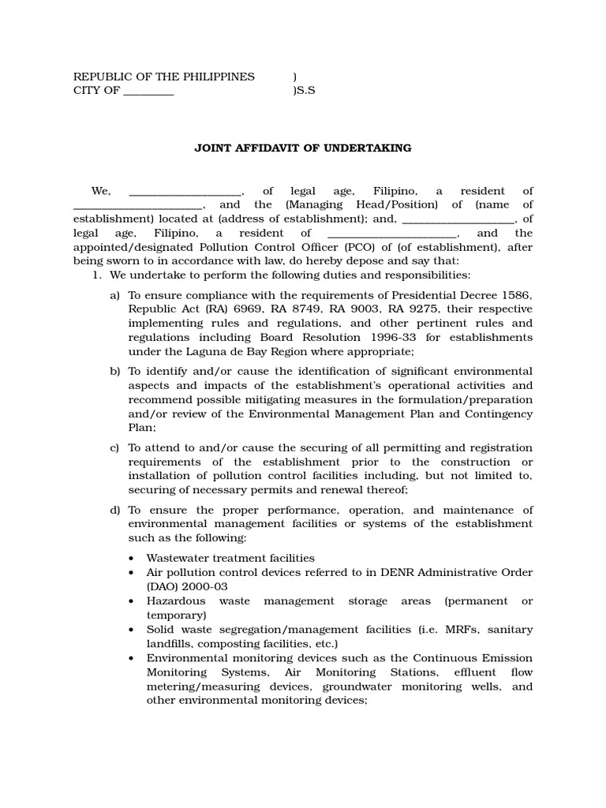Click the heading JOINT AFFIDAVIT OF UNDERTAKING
[303, 148]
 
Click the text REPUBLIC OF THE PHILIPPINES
[164, 77]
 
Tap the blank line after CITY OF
[148, 91]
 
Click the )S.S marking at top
[304, 91]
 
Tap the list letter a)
[115, 295]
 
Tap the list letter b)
[115, 372]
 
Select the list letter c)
[115, 448]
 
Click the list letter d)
[115, 511]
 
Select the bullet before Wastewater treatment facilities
[130, 559]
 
